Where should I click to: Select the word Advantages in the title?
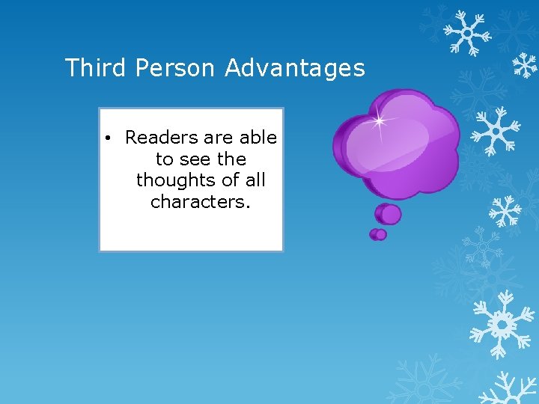pos(295,68)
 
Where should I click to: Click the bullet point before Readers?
pos(109,138)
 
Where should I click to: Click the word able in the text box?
pos(258,138)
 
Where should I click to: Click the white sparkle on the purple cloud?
pos(380,120)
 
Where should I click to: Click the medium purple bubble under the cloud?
pos(389,214)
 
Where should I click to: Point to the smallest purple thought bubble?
pos(377,234)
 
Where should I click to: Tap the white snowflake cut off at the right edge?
pos(526,66)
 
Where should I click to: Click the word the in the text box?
pos(231,159)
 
